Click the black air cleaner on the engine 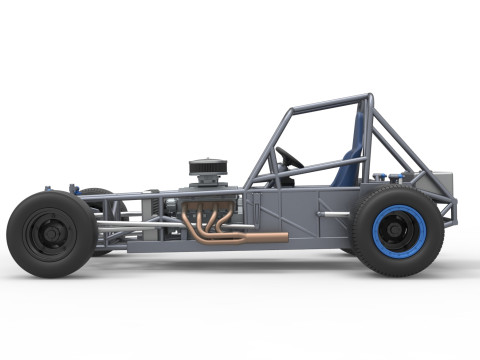click(209, 166)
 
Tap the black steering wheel click(290, 158)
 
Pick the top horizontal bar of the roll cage click(330, 102)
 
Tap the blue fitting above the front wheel click(72, 186)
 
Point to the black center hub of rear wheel click(398, 231)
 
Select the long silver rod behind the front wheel click(140, 225)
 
